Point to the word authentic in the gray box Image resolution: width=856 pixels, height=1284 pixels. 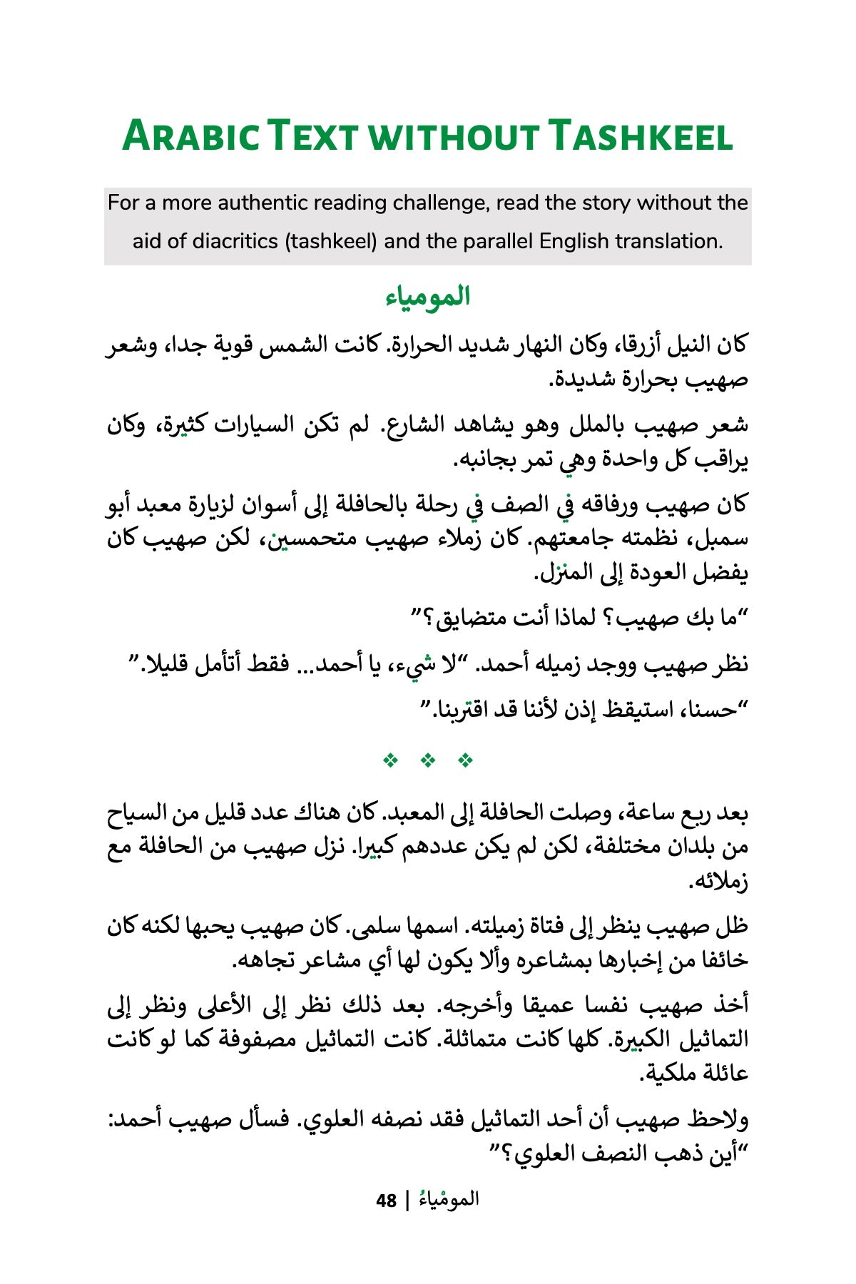tap(271, 203)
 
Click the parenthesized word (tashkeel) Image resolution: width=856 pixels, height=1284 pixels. tap(331, 241)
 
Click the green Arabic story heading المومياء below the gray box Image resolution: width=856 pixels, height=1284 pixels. tap(428, 297)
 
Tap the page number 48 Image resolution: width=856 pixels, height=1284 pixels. tap(386, 1201)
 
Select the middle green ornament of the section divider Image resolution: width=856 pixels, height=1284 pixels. tap(428, 760)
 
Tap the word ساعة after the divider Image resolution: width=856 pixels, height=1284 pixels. tap(642, 813)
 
